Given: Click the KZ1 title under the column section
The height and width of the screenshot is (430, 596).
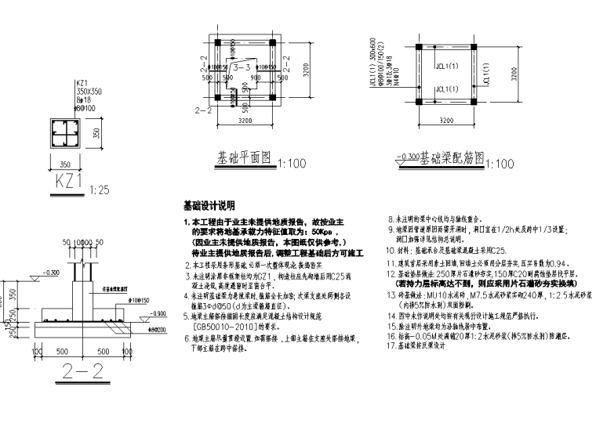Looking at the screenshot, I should (68, 184).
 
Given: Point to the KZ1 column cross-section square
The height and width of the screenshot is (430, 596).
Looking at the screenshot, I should (65, 132).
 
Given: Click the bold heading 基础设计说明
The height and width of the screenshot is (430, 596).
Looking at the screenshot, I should (209, 207).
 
